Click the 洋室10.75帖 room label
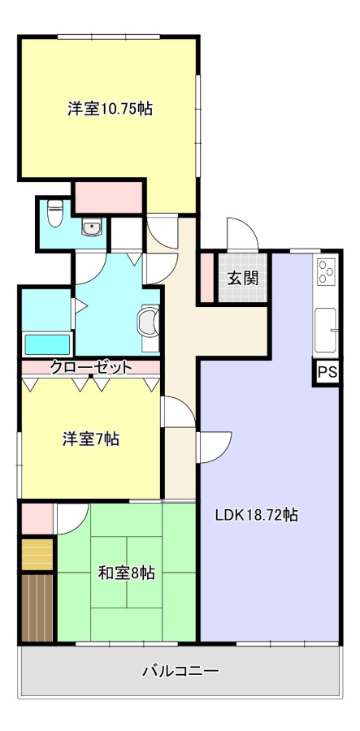(x=110, y=109)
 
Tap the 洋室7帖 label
(x=91, y=439)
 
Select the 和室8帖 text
(x=127, y=573)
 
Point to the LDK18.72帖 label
(x=257, y=515)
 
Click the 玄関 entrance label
(x=243, y=279)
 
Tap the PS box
(x=327, y=371)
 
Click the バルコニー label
(x=180, y=672)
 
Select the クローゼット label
(x=91, y=367)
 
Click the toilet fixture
(x=55, y=213)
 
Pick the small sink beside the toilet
(x=91, y=227)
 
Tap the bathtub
(x=47, y=344)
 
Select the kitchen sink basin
(x=326, y=330)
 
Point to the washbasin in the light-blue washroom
(x=150, y=322)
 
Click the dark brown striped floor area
(x=37, y=608)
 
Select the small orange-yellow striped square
(x=37, y=554)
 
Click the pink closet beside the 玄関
(x=207, y=278)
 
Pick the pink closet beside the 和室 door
(x=37, y=518)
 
